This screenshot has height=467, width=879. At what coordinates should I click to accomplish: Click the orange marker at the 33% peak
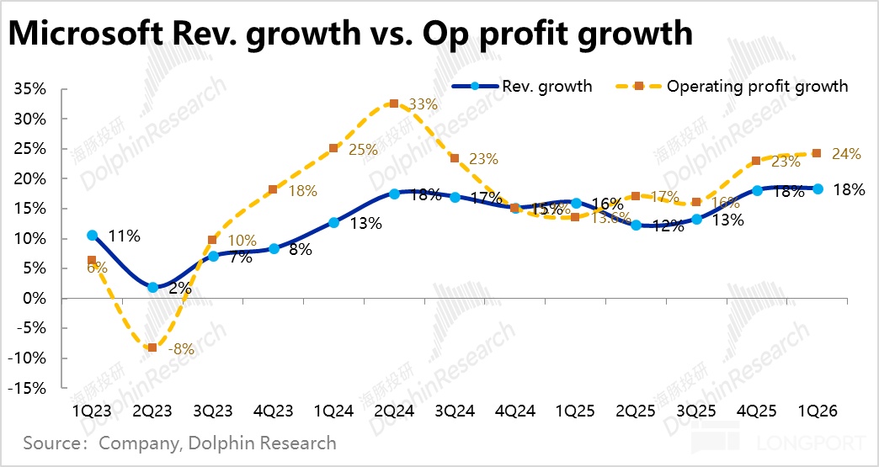[x=393, y=103]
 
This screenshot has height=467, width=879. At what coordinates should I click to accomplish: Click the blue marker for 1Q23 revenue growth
[x=92, y=235]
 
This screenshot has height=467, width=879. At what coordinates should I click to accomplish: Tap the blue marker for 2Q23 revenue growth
[x=152, y=287]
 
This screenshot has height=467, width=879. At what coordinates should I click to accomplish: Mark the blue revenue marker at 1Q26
[x=818, y=188]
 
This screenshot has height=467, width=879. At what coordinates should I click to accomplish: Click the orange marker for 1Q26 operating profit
[x=817, y=153]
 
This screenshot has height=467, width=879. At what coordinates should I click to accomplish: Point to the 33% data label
[x=424, y=105]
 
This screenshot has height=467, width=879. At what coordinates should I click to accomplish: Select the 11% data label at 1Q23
[x=123, y=236]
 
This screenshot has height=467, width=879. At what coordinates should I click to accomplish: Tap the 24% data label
[x=846, y=154]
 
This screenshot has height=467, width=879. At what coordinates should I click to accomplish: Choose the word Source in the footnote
[x=52, y=443]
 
